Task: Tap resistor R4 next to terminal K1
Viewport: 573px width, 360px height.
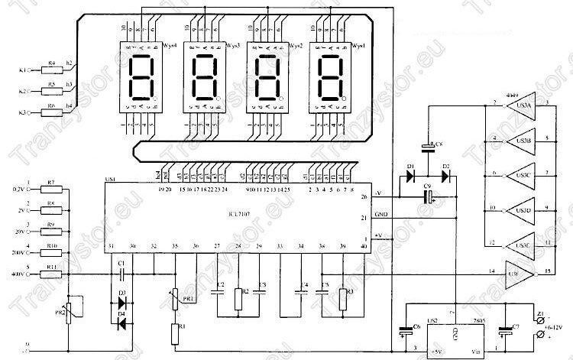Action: point(52,70)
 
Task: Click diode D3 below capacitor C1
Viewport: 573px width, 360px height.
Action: point(121,294)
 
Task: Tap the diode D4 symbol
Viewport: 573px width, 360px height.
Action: point(121,321)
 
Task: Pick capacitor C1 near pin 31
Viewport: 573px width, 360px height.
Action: point(121,273)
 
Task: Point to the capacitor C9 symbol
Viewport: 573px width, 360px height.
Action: point(430,198)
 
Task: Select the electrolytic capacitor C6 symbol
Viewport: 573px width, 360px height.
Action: point(405,332)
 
